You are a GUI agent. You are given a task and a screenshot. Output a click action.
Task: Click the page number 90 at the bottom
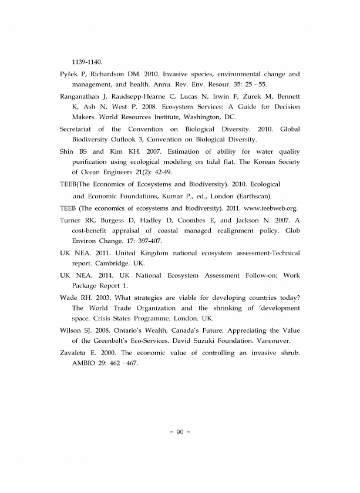tap(180, 433)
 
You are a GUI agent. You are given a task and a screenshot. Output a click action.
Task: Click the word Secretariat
tap(79, 129)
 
